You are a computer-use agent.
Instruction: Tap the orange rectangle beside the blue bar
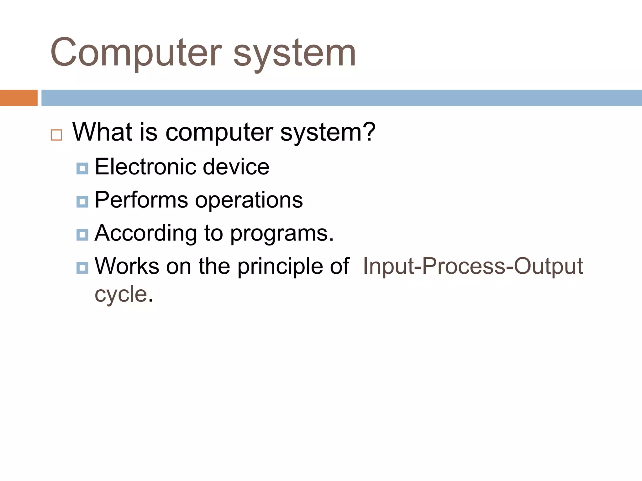click(18, 98)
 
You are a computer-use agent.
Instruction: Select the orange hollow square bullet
click(56, 135)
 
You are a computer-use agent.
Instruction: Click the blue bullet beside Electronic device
click(82, 168)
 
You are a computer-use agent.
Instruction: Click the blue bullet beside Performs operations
click(82, 202)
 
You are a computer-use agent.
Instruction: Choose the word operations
click(249, 200)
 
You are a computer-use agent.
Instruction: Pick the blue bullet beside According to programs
click(82, 235)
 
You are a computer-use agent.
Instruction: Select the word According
click(146, 234)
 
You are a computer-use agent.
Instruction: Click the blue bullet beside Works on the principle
click(82, 268)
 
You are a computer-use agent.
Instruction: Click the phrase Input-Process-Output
click(473, 266)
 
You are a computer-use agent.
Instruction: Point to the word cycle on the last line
click(121, 294)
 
